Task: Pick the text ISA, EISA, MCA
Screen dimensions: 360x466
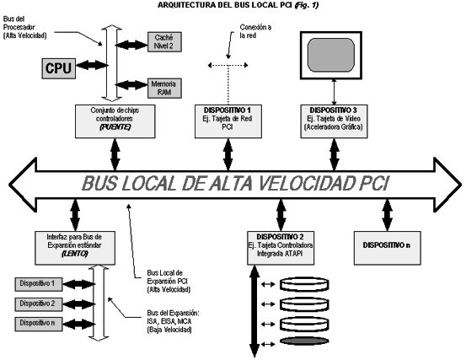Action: (x=167, y=321)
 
